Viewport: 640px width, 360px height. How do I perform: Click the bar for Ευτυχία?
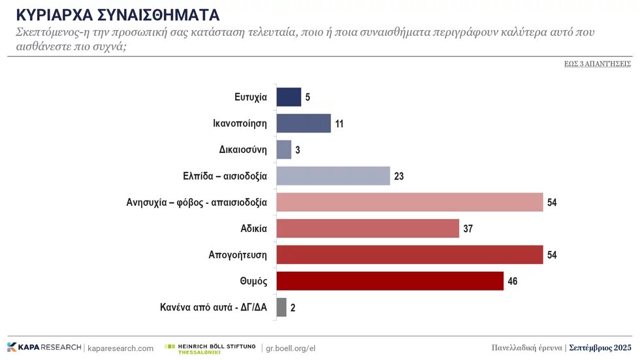pyautogui.click(x=289, y=97)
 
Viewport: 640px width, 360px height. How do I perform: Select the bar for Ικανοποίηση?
pyautogui.click(x=304, y=123)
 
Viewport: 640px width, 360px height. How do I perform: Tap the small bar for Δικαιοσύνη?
pyautogui.click(x=284, y=150)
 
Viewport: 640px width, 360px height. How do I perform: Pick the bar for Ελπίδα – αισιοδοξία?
pyautogui.click(x=333, y=176)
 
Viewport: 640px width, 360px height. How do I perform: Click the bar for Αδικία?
pyautogui.click(x=368, y=229)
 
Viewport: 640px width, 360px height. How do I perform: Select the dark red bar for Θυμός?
pyautogui.click(x=390, y=281)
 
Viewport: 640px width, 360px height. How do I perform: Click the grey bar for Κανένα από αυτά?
pyautogui.click(x=281, y=307)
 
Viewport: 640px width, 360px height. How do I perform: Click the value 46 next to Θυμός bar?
pyautogui.click(x=513, y=282)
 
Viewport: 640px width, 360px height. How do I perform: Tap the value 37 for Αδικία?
pyautogui.click(x=468, y=229)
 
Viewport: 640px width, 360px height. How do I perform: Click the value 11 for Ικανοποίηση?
pyautogui.click(x=340, y=124)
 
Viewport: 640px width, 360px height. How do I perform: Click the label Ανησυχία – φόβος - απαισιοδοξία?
pyautogui.click(x=196, y=202)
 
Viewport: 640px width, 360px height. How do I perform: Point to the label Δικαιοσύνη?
pyautogui.click(x=243, y=150)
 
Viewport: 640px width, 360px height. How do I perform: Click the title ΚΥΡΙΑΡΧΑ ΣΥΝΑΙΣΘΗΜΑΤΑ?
pyautogui.click(x=118, y=14)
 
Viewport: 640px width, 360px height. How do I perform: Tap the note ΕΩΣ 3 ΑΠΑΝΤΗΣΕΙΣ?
pyautogui.click(x=597, y=64)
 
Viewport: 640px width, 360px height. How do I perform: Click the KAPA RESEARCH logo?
pyautogui.click(x=44, y=347)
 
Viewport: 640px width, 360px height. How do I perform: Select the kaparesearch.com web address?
pyautogui.click(x=120, y=348)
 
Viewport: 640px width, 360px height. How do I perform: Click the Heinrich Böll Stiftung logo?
pyautogui.click(x=210, y=348)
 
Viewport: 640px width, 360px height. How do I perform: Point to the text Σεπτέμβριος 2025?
pyautogui.click(x=600, y=347)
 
